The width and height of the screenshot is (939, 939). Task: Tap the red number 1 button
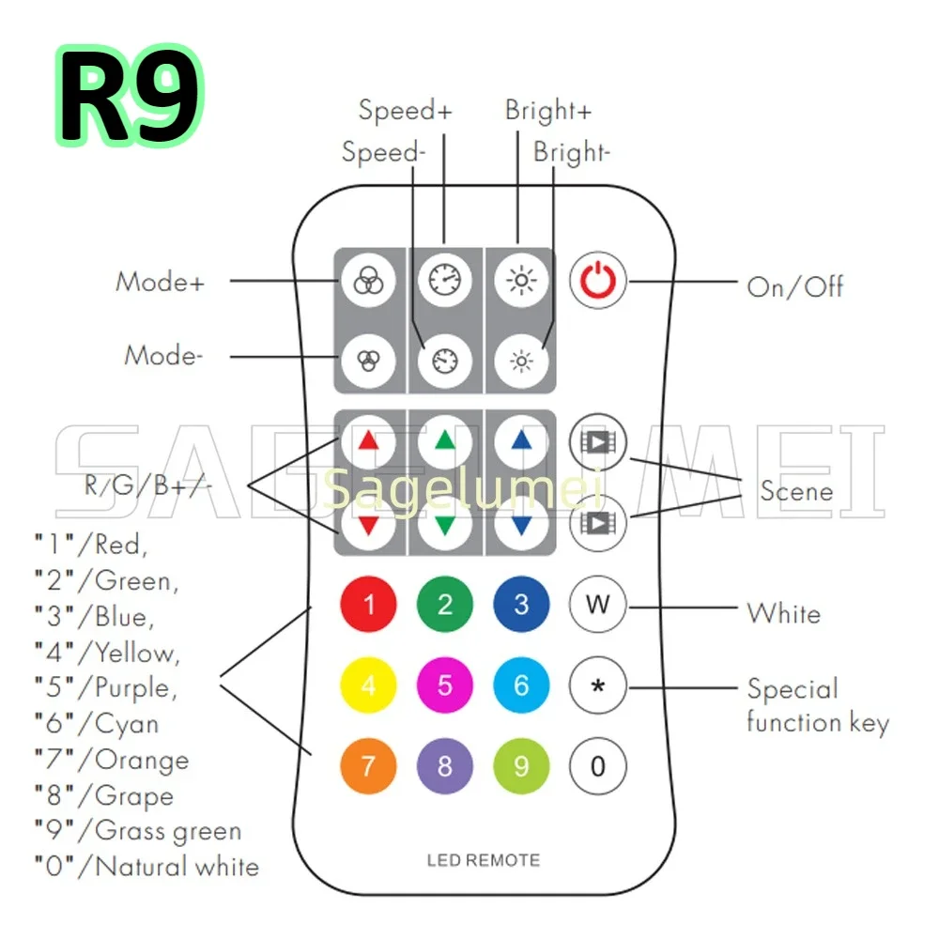368,604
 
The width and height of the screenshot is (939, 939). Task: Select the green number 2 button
445,604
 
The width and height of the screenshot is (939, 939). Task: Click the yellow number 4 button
368,685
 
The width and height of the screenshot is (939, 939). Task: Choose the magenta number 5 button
445,685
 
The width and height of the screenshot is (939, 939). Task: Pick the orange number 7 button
368,766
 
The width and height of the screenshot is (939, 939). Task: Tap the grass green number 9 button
521,766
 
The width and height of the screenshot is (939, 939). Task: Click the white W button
598,604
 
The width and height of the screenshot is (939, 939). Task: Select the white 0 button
598,766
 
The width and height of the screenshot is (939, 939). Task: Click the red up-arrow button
368,440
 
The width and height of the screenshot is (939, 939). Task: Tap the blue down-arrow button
521,523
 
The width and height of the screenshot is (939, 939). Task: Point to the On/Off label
794,286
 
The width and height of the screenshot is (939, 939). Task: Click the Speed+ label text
405,111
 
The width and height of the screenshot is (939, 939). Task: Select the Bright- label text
572,152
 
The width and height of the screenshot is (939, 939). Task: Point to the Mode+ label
159,282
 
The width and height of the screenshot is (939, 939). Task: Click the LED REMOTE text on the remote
484,860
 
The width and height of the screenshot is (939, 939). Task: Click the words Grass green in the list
168,831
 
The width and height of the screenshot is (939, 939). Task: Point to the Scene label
796,490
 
